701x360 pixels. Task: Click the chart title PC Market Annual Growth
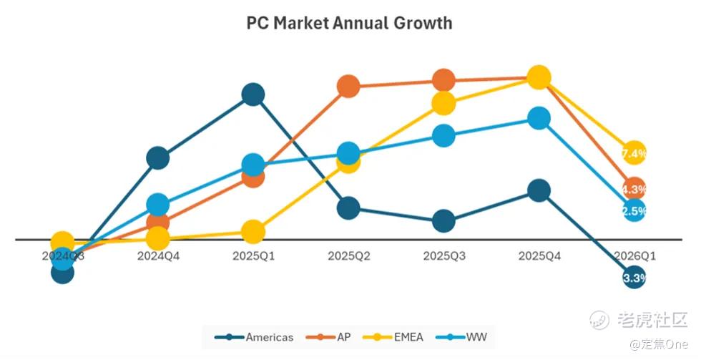(349, 23)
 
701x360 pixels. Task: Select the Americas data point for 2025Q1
(253, 94)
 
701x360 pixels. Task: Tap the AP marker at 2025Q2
(348, 87)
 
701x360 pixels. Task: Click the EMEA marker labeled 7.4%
(634, 153)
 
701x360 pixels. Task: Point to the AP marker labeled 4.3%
(634, 190)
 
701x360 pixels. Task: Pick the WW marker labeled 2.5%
(634, 210)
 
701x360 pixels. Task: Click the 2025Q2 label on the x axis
(348, 256)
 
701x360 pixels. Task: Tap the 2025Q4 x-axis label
(539, 256)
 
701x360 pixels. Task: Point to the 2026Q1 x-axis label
(634, 256)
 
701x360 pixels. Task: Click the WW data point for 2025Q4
(539, 118)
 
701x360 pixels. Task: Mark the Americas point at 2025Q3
(443, 221)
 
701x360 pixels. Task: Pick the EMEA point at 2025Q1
(253, 231)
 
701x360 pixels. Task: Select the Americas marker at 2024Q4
(157, 157)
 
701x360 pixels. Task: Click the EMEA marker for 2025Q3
(443, 103)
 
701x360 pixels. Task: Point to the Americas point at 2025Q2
(348, 208)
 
